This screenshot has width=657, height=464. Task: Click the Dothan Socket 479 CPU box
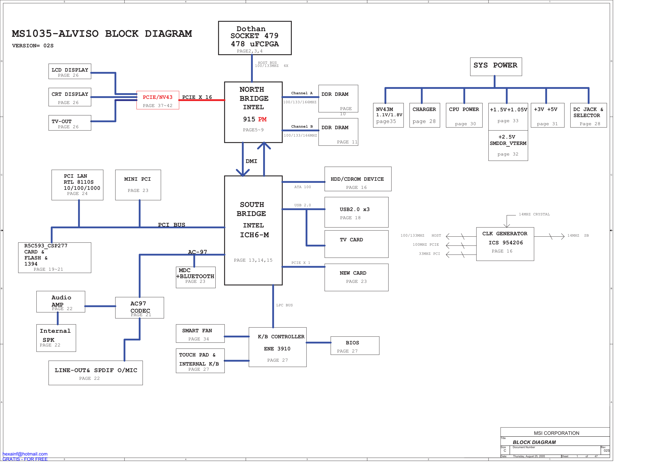255,38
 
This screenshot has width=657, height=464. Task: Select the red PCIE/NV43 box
158,100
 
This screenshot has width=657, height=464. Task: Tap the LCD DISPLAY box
70,71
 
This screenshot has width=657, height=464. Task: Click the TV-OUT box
70,123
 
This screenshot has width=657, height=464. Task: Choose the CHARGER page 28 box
424,115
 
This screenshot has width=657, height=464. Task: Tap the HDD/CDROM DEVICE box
358,179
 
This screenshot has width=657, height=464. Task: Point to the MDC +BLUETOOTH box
196,277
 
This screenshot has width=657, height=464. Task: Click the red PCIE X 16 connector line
202,100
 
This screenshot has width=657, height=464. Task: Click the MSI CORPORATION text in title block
556,433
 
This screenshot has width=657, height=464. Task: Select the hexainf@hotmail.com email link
25,454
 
